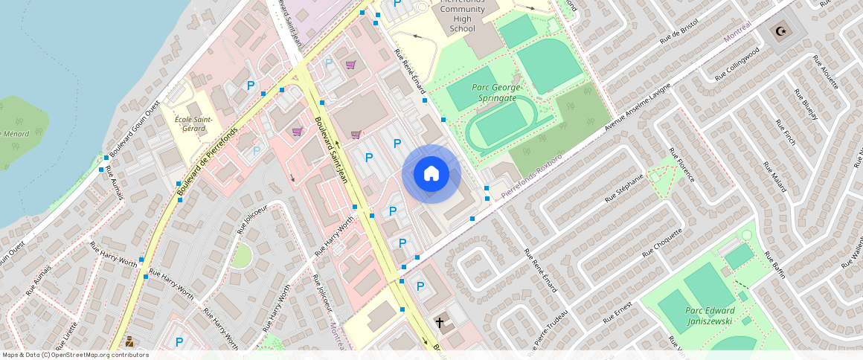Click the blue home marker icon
(x=431, y=174)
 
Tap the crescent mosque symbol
(x=780, y=31)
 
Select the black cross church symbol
(x=440, y=323)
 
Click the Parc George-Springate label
(x=496, y=92)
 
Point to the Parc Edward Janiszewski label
(x=709, y=315)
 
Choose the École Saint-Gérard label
(x=193, y=123)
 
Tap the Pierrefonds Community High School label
(x=462, y=16)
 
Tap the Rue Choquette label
(x=662, y=241)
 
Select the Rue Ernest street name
(x=617, y=312)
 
